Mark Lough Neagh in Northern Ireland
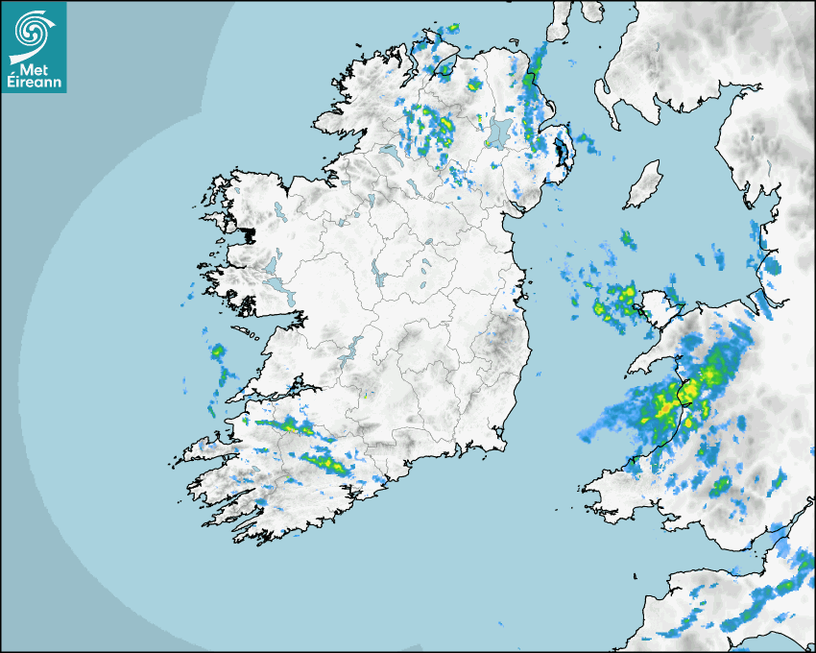[498, 133]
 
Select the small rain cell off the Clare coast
[218, 351]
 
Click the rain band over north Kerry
[288, 424]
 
